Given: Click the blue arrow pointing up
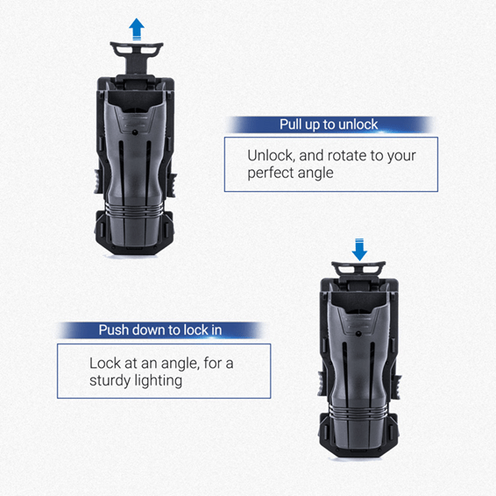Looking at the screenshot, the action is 137,29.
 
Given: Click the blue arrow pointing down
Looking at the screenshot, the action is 359,250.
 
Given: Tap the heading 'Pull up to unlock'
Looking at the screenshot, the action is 329,124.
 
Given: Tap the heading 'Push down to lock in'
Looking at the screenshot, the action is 160,329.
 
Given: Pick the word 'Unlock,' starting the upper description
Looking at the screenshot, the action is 272,156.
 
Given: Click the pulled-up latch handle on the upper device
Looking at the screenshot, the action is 137,56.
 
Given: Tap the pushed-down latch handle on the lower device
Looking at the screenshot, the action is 358,269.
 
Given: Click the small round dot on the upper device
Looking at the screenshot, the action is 135,132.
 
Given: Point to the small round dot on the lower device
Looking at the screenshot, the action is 358,334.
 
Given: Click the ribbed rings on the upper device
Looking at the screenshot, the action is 134,209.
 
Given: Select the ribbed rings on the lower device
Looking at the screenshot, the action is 358,411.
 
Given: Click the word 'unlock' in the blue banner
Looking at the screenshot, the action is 358,124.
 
